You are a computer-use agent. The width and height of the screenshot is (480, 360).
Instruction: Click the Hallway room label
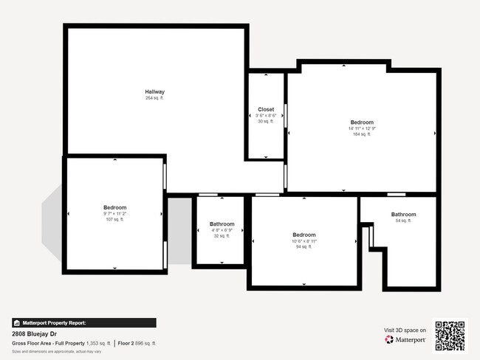[x=154, y=91]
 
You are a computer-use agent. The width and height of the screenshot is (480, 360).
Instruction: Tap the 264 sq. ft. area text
[x=154, y=98]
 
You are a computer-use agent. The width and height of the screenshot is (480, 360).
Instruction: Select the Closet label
[x=266, y=109]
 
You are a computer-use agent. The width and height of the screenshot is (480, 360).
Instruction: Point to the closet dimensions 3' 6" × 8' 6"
[x=266, y=115]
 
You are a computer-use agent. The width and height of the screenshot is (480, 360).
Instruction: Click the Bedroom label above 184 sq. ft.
[x=362, y=122]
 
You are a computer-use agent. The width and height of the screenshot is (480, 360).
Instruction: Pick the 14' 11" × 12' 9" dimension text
[x=362, y=128]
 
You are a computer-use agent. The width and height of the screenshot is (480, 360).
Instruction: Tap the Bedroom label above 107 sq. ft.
[x=115, y=207]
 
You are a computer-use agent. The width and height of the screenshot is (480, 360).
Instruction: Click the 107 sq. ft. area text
[x=115, y=219]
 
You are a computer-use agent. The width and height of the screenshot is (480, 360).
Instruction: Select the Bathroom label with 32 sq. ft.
[x=222, y=224]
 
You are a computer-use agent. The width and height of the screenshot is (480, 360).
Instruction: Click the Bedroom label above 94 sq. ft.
[x=304, y=235]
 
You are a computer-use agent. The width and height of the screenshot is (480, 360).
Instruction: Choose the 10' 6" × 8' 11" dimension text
[x=304, y=241]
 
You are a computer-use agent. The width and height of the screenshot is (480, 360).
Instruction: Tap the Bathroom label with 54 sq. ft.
[x=403, y=215]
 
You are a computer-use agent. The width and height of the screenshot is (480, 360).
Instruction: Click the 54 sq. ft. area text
[x=403, y=221]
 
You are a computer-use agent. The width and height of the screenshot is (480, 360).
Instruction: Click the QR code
[x=450, y=335]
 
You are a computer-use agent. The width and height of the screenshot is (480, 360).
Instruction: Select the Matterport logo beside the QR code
[x=405, y=339]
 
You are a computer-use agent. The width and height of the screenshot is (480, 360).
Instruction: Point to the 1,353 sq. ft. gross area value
[x=98, y=343]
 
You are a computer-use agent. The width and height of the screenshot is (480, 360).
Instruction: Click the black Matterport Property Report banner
[x=83, y=322]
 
